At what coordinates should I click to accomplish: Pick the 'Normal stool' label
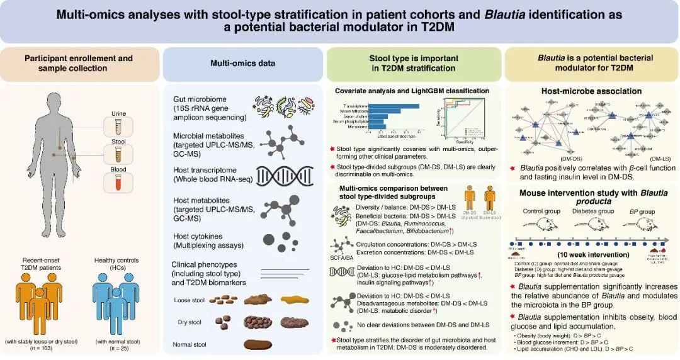coord(190,344)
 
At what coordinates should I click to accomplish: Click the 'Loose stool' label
coord(188,300)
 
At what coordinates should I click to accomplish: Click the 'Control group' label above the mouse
coord(541,211)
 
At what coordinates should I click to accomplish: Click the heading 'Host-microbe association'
coord(591,91)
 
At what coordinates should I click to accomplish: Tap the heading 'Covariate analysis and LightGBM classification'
coord(412,91)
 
